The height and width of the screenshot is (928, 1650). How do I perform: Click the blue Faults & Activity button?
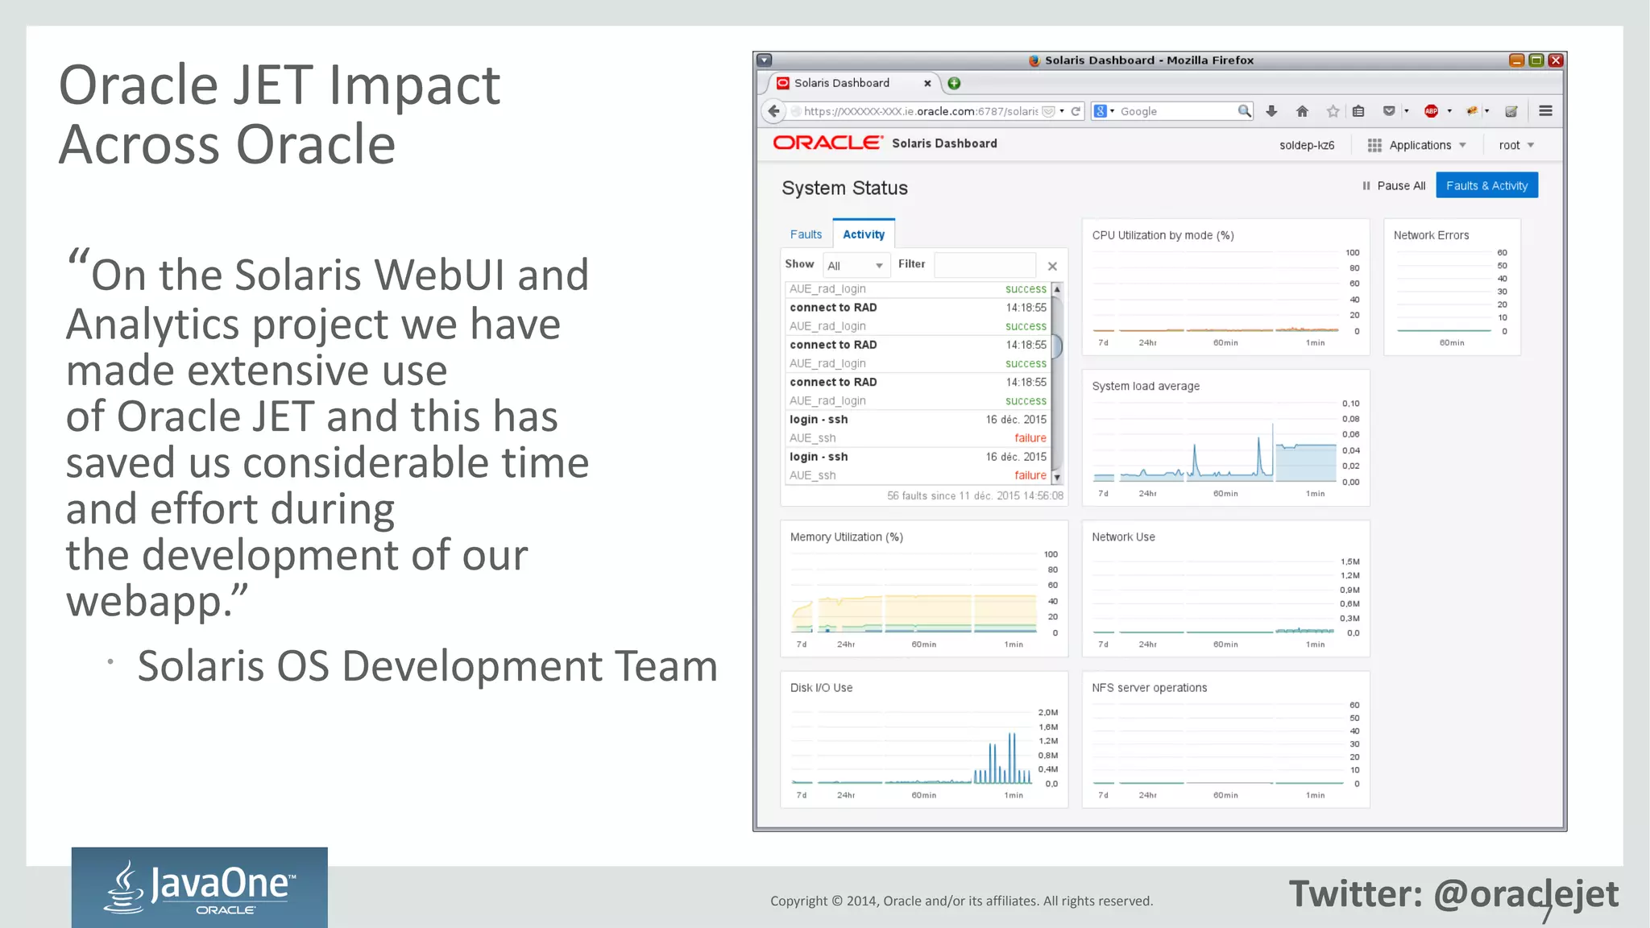1486,185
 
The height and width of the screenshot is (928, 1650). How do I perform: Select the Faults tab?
806,234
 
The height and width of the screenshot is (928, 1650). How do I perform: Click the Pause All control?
1394,186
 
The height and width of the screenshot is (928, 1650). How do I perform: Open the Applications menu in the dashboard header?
1418,145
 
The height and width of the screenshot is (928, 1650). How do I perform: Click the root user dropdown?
1515,145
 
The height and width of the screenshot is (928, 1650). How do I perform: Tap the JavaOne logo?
199,887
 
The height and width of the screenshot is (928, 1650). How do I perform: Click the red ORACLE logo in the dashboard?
827,143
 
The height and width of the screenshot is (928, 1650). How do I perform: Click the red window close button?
1556,60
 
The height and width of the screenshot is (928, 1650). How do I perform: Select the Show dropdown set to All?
855,265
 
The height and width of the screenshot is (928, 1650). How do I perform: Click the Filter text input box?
985,265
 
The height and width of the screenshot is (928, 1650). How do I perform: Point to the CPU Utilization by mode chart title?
1163,235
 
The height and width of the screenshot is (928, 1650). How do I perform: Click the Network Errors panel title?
1431,235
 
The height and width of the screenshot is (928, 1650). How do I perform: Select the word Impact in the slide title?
414,85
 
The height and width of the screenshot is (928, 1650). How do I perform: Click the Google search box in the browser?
1176,111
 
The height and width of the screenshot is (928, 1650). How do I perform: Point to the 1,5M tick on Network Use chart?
1349,561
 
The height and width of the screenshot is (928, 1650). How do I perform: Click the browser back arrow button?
773,111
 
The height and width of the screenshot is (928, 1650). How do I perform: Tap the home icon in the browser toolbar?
1302,111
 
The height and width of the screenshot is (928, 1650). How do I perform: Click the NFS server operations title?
1149,688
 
